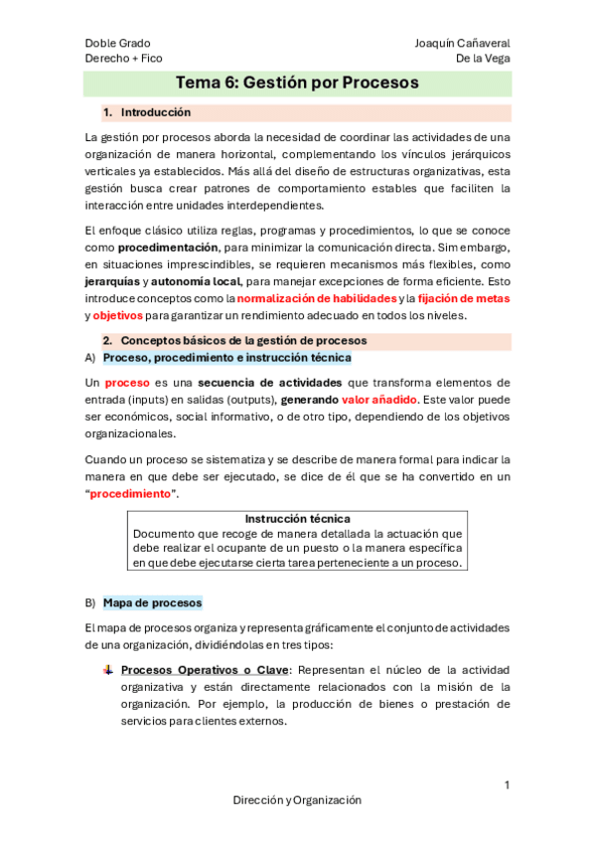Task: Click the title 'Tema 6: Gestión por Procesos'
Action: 297,83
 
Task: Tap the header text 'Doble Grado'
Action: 117,44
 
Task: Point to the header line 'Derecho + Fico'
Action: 123,59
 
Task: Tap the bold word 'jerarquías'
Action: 111,281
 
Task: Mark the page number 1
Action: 507,785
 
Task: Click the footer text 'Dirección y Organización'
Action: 297,800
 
